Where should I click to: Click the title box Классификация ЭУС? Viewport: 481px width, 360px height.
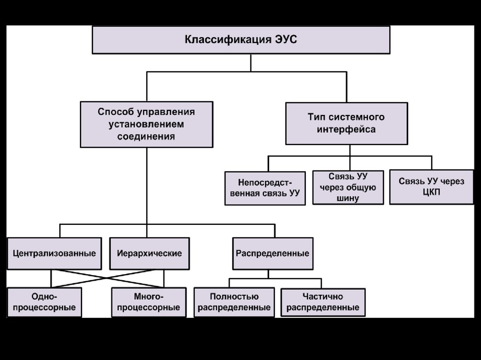click(x=240, y=39)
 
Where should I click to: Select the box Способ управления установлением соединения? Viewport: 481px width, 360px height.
click(x=146, y=124)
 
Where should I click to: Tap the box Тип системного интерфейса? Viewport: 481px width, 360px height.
click(x=346, y=123)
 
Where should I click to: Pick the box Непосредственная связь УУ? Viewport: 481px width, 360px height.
click(x=265, y=188)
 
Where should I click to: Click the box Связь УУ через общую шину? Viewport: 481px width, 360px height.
click(x=348, y=187)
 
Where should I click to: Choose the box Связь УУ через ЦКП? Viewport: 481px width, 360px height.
click(x=431, y=187)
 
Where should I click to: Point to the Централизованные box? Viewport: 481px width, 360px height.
click(x=54, y=253)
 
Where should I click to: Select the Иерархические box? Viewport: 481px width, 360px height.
click(x=149, y=253)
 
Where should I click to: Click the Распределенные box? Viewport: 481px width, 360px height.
click(x=272, y=253)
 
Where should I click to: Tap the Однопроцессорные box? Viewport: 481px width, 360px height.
click(x=44, y=302)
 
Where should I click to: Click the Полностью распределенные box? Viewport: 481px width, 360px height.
click(x=234, y=302)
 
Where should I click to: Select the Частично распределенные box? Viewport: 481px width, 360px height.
click(x=323, y=302)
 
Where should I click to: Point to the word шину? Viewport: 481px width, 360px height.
click(x=348, y=198)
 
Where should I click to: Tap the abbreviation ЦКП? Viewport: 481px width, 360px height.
click(x=431, y=193)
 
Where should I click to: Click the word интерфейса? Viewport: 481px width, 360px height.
click(x=346, y=129)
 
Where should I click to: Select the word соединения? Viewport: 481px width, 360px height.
click(x=146, y=137)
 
